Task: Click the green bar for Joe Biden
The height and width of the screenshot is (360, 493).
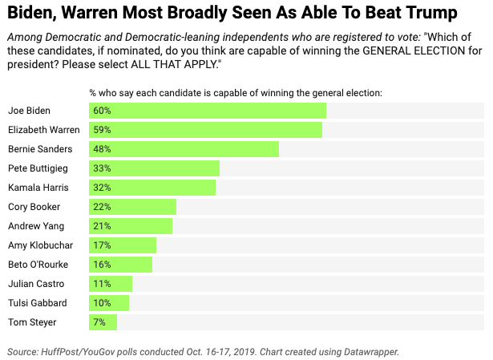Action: point(208,111)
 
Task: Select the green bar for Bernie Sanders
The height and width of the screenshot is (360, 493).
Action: point(184,149)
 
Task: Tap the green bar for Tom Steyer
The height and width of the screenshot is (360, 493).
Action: point(103,322)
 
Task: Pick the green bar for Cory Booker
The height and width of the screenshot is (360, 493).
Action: point(132,207)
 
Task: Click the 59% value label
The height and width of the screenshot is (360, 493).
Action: point(102,130)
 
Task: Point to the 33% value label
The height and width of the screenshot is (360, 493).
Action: point(102,168)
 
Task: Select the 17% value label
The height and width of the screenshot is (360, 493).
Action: point(102,245)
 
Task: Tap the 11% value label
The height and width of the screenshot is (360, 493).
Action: point(102,284)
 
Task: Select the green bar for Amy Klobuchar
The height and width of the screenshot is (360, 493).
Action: point(123,245)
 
